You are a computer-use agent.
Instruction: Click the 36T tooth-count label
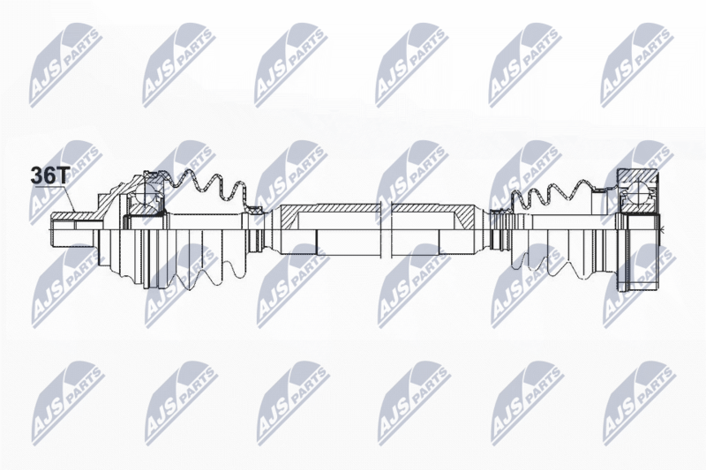point(49,175)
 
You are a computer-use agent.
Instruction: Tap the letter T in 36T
point(63,175)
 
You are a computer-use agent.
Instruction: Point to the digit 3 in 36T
point(36,175)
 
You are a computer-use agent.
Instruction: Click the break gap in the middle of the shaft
point(387,229)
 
